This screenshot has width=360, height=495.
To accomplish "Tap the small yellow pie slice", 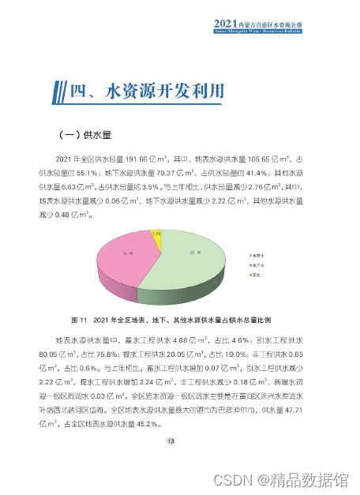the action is click(156, 234).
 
